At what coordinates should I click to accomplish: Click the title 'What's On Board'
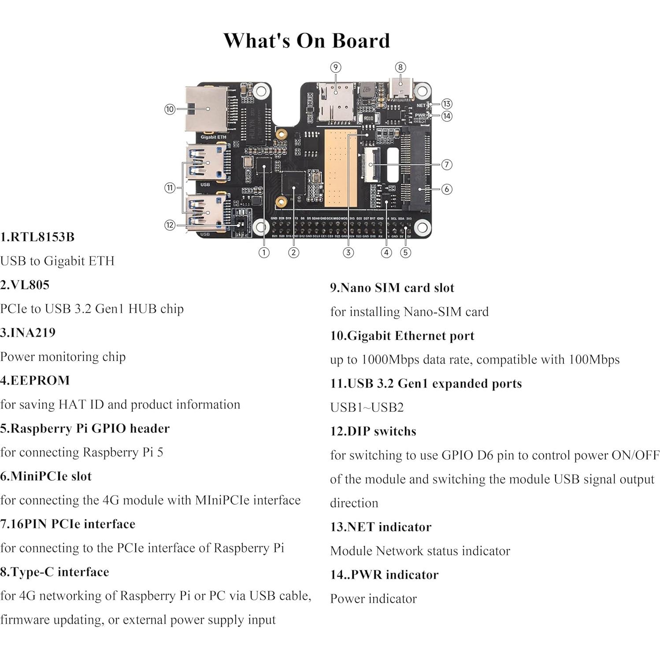tap(307, 41)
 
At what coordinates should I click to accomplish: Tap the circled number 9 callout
tap(336, 67)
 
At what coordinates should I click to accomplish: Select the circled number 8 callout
tap(400, 67)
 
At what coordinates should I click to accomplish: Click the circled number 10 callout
tap(170, 109)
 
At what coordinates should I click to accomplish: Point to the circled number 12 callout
tap(170, 225)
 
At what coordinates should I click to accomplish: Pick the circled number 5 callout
tap(405, 252)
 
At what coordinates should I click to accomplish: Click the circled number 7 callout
tap(447, 164)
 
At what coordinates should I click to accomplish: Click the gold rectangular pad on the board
tap(340, 167)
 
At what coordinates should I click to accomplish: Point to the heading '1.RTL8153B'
tap(37, 237)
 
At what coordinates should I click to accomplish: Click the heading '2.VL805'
tap(25, 285)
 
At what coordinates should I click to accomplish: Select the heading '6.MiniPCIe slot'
tap(46, 476)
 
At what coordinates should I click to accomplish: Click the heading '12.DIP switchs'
tap(373, 431)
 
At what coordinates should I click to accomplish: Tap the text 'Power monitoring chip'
tap(63, 356)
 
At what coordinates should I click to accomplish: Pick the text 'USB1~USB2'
tap(367, 407)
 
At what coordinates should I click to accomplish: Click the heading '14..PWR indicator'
tap(384, 575)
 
